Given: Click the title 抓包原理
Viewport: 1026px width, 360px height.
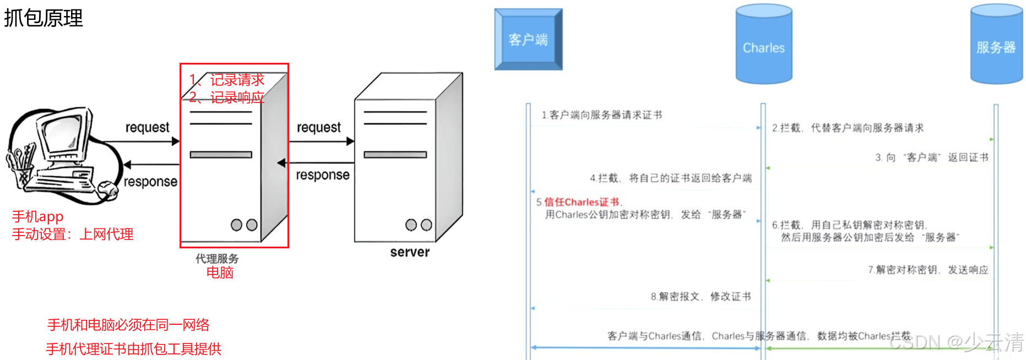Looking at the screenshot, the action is pyautogui.click(x=44, y=18).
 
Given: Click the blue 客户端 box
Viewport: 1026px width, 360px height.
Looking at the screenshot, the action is pyautogui.click(x=528, y=40).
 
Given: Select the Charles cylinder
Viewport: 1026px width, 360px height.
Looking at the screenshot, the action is pyautogui.click(x=764, y=47).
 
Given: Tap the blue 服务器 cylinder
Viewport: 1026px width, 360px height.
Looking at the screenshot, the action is pyautogui.click(x=996, y=47).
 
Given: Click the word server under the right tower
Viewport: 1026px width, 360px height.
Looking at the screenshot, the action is pyautogui.click(x=410, y=252).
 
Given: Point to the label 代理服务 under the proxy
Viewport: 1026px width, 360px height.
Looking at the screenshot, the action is pyautogui.click(x=217, y=258).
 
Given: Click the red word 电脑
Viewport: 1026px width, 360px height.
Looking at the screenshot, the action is pyautogui.click(x=220, y=272).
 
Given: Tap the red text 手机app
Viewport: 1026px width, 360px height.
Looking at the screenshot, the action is pyautogui.click(x=38, y=216).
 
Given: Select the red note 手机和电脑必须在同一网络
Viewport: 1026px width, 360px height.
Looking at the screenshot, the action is pyautogui.click(x=128, y=325).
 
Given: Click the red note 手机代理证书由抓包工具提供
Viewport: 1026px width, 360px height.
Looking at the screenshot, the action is pyautogui.click(x=133, y=348).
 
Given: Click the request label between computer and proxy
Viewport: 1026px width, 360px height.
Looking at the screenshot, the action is pyautogui.click(x=147, y=128).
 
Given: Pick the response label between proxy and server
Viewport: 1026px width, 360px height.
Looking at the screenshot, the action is pyautogui.click(x=323, y=175).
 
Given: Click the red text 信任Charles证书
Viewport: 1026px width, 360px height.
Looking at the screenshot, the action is pyautogui.click(x=582, y=202).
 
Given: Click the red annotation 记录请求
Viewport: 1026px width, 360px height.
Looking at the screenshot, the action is pyautogui.click(x=237, y=80).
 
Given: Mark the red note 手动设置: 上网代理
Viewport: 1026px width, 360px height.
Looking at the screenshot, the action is pyautogui.click(x=73, y=234).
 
